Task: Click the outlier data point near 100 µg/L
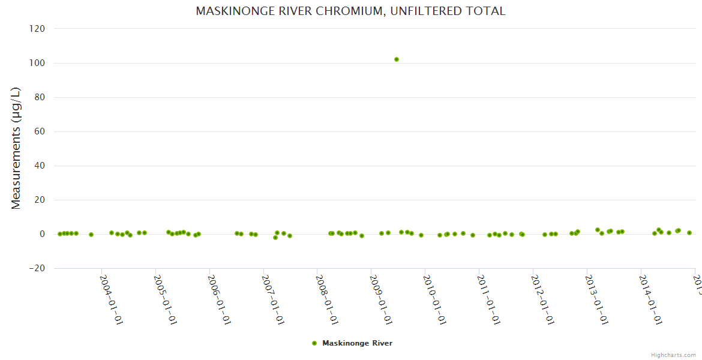[x=397, y=59]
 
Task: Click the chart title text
[x=350, y=11]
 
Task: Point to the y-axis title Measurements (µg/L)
[x=16, y=148]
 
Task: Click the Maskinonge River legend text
[x=357, y=343]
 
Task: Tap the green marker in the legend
[x=314, y=343]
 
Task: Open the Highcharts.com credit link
[x=673, y=355]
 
